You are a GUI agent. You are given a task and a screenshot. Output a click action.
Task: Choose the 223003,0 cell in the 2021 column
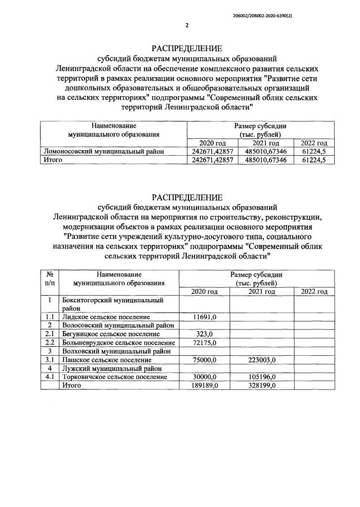pyautogui.click(x=262, y=359)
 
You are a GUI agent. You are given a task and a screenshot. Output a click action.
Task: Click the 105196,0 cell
pyautogui.click(x=262, y=376)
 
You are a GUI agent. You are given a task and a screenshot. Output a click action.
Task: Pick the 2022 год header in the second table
pyautogui.click(x=314, y=291)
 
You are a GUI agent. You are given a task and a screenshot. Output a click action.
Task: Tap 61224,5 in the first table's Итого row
pyautogui.click(x=314, y=160)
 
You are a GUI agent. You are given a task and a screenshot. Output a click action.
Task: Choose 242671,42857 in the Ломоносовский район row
pyautogui.click(x=211, y=152)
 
